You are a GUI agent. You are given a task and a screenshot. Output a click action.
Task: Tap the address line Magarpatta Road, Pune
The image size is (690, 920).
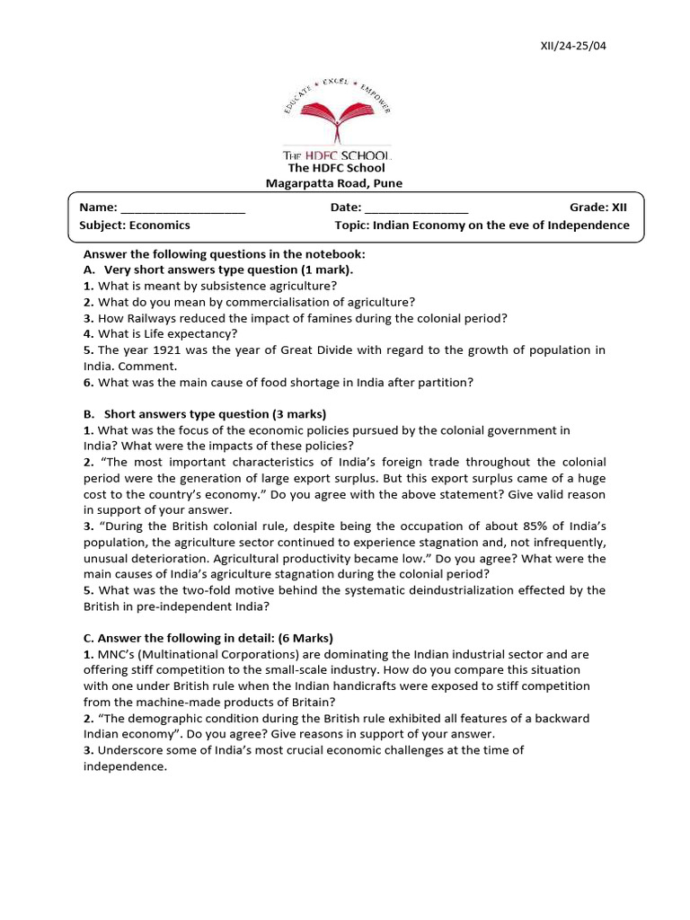click(x=334, y=183)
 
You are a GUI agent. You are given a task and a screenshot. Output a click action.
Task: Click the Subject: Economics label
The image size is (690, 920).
click(x=135, y=226)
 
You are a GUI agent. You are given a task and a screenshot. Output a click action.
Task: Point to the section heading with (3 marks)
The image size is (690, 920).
click(x=216, y=414)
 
